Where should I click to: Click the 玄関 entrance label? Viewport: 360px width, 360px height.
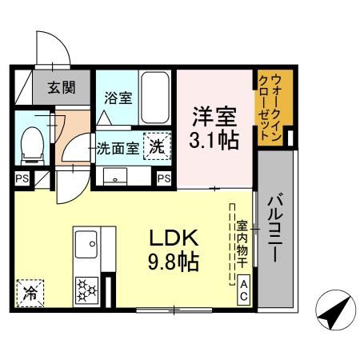(61, 87)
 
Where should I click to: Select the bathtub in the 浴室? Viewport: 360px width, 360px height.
(154, 95)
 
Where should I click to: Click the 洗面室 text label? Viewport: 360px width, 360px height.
(117, 148)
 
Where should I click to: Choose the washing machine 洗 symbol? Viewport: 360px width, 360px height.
(157, 147)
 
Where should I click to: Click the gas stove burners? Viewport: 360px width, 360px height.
(86, 289)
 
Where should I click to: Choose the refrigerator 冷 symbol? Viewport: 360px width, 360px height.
(30, 291)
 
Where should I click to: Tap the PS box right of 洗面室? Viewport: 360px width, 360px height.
(164, 178)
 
